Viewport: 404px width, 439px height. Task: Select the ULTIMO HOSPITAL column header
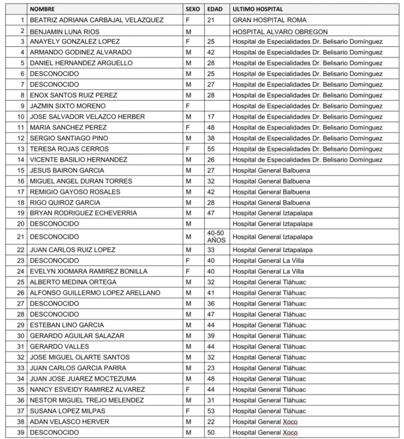(257, 9)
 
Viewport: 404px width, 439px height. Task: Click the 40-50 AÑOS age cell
(216, 237)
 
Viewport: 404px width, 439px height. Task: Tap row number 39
(21, 432)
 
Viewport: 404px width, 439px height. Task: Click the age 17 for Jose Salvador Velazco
(211, 117)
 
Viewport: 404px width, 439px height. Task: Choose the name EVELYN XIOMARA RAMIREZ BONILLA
(89, 271)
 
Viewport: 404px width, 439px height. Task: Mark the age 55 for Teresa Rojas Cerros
(211, 149)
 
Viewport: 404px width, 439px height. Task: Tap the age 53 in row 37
(211, 410)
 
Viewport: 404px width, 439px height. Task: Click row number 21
(21, 237)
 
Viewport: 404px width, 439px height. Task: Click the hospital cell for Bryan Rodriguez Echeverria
(272, 213)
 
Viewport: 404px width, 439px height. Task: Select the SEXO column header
(193, 9)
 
